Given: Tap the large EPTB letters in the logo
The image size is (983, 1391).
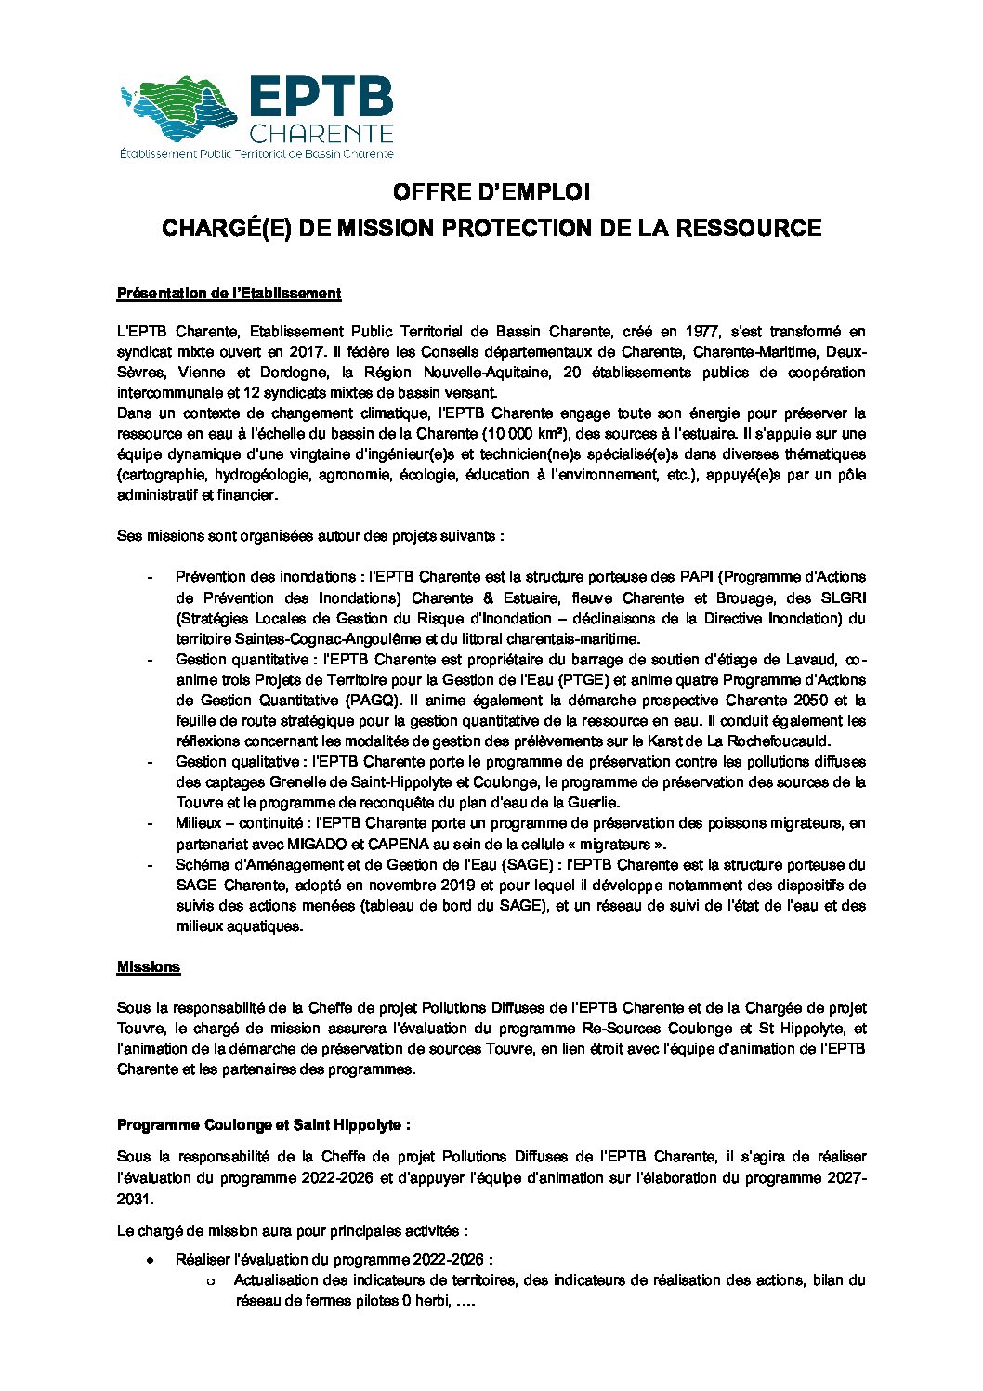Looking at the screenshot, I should pos(321,98).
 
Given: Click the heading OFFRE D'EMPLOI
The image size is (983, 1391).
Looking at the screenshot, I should pos(491,192).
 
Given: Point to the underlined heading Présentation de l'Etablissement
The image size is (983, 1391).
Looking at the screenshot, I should pos(229,294).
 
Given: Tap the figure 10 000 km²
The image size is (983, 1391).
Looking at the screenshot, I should pos(518,434).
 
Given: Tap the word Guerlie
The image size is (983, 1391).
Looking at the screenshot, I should pos(590,803).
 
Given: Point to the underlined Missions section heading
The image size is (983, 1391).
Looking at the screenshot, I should pos(149,967).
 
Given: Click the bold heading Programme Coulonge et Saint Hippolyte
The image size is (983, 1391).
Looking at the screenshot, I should pos(263,1125).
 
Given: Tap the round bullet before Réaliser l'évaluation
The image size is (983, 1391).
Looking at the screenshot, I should pos(149,1261).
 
